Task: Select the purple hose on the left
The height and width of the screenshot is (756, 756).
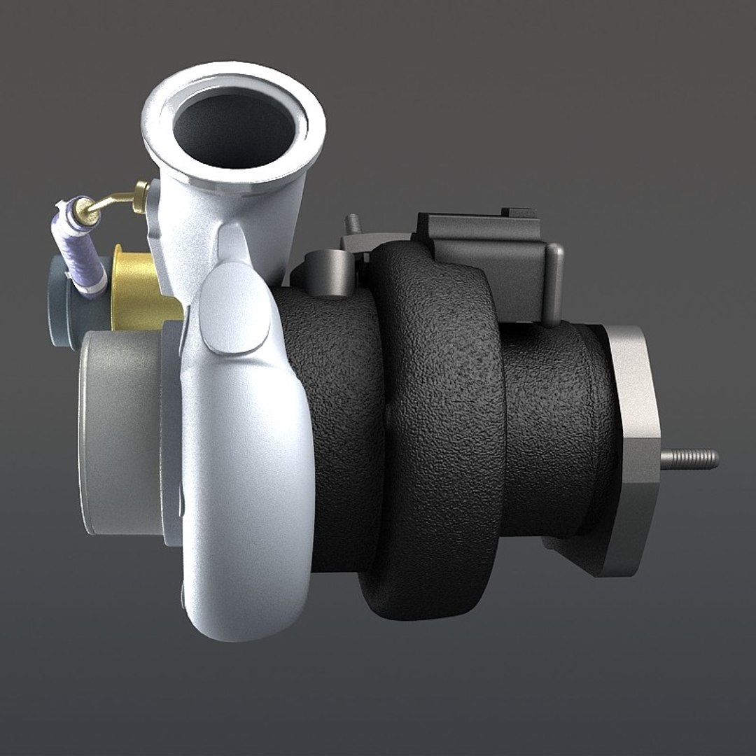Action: coord(73,245)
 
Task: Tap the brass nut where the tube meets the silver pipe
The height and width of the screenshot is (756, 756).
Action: coord(141,195)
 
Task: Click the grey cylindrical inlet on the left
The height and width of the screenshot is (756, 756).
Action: coord(119,434)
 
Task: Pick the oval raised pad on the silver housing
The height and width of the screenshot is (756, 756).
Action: coord(234,315)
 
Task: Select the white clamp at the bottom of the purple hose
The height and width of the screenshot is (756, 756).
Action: coord(91,283)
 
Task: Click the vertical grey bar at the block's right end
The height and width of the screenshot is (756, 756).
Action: coord(555,283)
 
